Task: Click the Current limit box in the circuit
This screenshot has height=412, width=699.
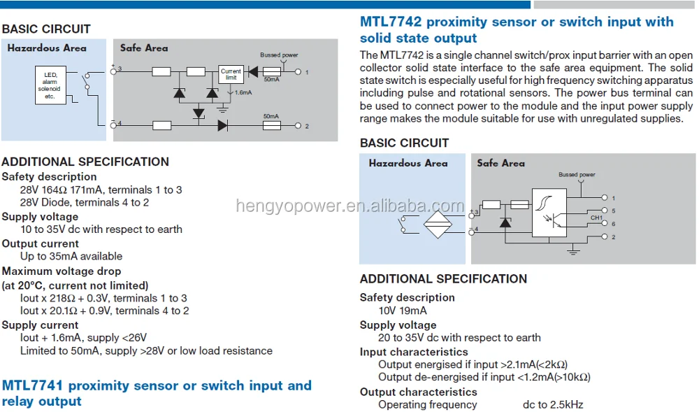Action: point(231,74)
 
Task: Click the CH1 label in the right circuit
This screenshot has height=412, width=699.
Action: point(596,218)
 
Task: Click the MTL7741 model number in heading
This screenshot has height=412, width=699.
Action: point(33,385)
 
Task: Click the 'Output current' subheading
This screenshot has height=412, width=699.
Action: point(41,243)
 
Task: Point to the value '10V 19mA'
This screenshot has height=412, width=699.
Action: point(403,311)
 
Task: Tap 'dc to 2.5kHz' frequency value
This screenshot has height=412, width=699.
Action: point(553,404)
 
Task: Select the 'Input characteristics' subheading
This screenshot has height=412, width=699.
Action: point(414,352)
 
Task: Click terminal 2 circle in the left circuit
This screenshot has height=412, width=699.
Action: point(298,125)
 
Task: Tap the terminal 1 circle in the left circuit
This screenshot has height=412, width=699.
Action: point(298,71)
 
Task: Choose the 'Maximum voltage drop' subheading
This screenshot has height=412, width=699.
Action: point(62,271)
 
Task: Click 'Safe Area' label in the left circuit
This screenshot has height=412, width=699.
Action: point(144,48)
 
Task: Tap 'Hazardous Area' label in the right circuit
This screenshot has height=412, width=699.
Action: point(408,163)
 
